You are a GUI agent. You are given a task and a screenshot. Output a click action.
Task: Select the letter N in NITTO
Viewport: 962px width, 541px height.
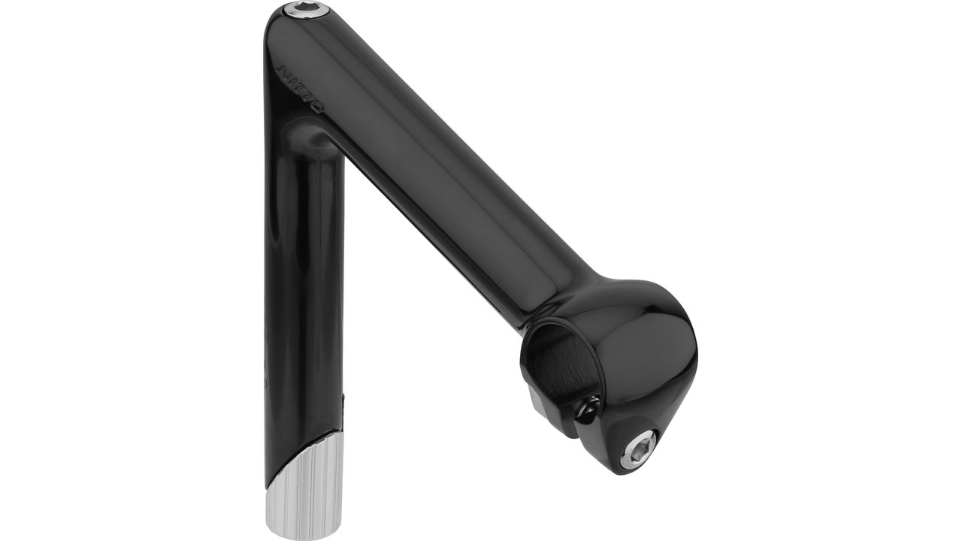tap(284, 72)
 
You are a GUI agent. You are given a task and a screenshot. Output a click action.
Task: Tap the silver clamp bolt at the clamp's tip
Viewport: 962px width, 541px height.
tap(637, 449)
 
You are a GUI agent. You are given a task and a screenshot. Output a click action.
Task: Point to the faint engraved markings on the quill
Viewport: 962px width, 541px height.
tap(266, 338)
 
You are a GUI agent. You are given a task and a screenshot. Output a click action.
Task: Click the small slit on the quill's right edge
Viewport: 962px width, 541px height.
tap(343, 402)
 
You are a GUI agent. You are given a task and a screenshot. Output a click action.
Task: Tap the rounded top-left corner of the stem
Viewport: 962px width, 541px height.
tap(274, 30)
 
